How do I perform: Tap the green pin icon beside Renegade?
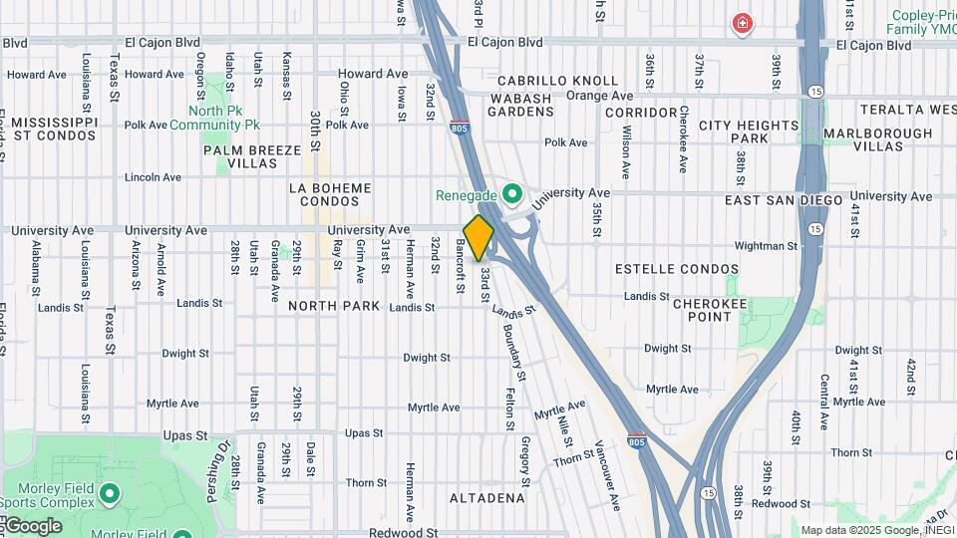pyautogui.click(x=513, y=193)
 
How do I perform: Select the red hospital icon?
pyautogui.click(x=742, y=24)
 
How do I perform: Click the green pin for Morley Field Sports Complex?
pyautogui.click(x=110, y=492)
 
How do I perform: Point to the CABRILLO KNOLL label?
pyautogui.click(x=544, y=81)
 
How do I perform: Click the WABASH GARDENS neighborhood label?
pyautogui.click(x=521, y=105)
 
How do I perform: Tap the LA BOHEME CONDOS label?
pyautogui.click(x=329, y=196)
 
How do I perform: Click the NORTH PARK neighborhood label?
pyautogui.click(x=335, y=306)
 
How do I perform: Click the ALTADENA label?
pyautogui.click(x=486, y=497)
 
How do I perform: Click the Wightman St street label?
pyautogui.click(x=766, y=245)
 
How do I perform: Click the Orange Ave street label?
pyautogui.click(x=599, y=96)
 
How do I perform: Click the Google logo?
pyautogui.click(x=32, y=526)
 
